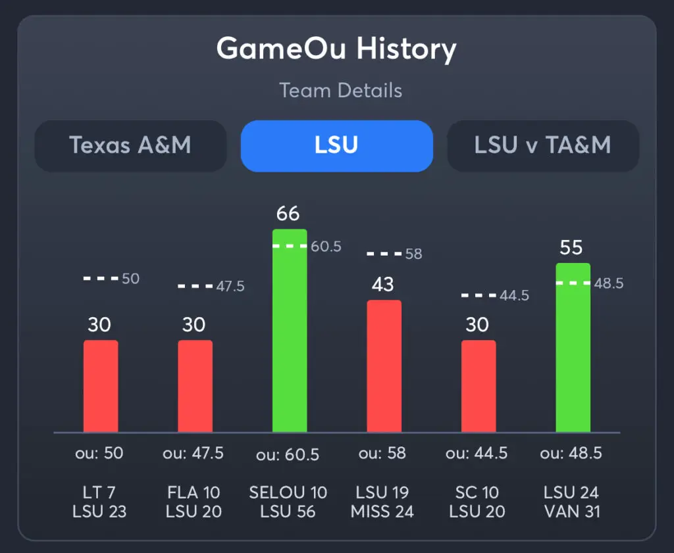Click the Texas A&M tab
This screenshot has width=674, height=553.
coord(130,145)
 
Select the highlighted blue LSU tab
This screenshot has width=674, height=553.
coord(336,145)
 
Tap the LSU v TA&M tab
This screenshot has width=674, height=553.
coord(542,145)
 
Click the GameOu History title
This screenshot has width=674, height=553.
coord(336,49)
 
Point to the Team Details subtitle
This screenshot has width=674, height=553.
coord(340,90)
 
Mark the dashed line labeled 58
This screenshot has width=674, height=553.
coord(384,253)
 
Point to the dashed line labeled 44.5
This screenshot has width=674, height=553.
coord(479,296)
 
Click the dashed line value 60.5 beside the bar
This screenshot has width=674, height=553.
coord(326,247)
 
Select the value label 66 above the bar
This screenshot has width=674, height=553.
coord(288,214)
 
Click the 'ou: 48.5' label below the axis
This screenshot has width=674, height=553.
coord(571,454)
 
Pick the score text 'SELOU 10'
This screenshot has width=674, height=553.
coord(288,493)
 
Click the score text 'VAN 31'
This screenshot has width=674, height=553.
coord(571,512)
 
